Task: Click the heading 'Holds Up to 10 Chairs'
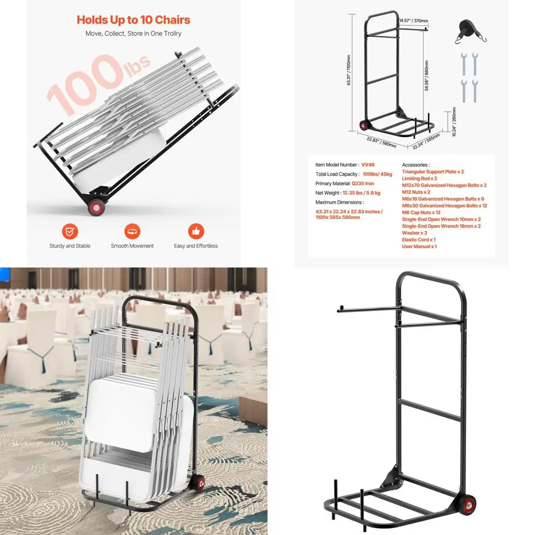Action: tap(133, 20)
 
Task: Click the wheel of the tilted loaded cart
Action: tap(96, 207)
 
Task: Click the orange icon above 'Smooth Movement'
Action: tap(132, 232)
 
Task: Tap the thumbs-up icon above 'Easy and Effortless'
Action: tap(196, 232)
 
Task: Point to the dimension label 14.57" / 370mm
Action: tap(413, 21)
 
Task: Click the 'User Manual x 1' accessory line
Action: tap(419, 247)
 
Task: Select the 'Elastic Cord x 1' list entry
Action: tap(418, 240)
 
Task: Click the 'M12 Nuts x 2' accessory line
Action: tap(416, 192)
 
